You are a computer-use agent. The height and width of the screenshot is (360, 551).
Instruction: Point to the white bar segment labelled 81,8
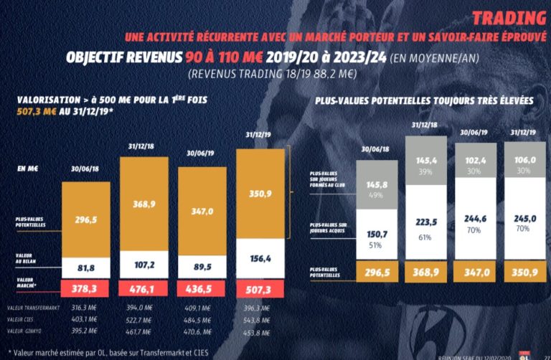pyautogui.click(x=85, y=267)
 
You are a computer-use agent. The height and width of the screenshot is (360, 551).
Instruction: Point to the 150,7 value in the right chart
pyautogui.click(x=376, y=235)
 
